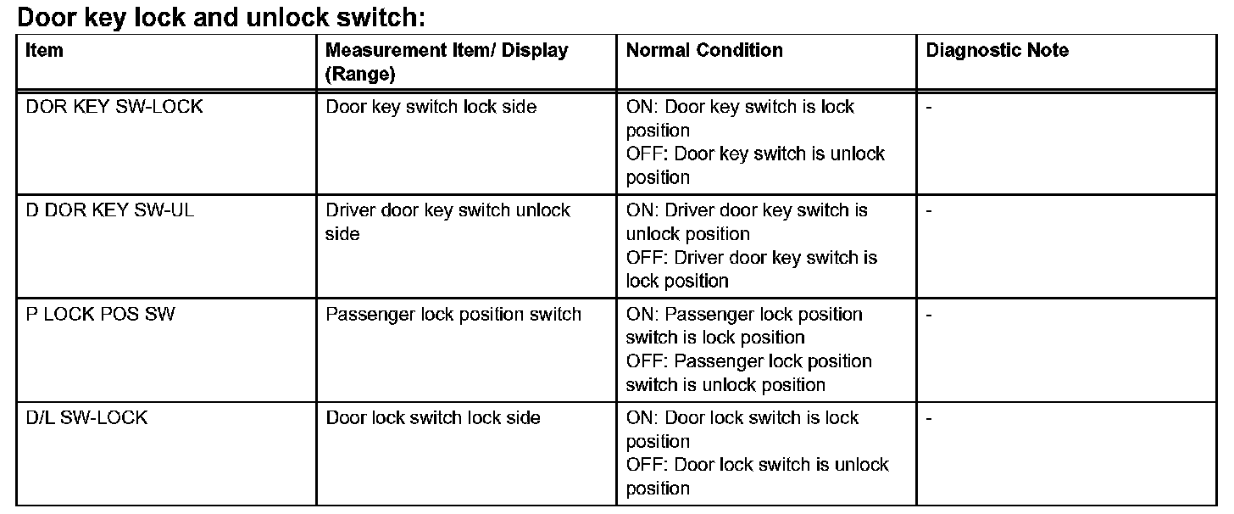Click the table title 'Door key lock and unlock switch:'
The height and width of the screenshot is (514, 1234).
point(220,16)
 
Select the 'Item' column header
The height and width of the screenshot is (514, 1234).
point(44,51)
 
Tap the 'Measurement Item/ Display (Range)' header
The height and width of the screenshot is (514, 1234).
point(447,62)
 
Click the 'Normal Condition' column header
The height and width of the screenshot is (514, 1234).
point(704,51)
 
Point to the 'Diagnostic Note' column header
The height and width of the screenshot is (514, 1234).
point(997,51)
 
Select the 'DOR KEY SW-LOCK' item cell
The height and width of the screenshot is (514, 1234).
point(114,108)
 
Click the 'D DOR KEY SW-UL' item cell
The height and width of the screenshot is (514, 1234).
point(110,211)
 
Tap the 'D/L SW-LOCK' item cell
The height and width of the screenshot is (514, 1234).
point(86,418)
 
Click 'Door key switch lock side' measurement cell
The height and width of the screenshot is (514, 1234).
point(431,108)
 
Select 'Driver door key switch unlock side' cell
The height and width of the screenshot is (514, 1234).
point(447,222)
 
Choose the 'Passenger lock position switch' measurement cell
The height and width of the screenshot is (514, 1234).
point(453,315)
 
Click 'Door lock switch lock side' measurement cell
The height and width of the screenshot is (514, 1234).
point(433,418)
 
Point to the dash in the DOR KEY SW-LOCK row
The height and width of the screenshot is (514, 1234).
point(930,109)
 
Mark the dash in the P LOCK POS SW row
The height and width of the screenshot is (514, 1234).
point(930,316)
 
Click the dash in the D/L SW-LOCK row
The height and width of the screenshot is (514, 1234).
point(930,419)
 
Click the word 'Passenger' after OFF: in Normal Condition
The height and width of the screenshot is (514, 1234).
point(720,361)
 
